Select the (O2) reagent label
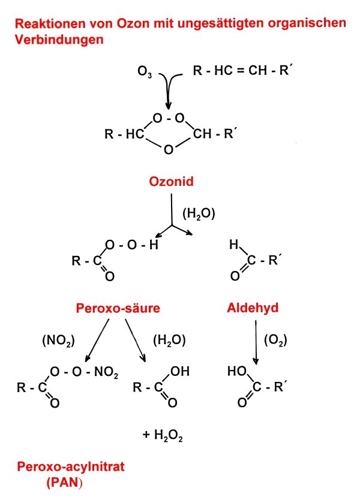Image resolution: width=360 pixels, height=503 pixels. (275, 341)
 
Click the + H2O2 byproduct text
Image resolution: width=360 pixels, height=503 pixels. (163, 436)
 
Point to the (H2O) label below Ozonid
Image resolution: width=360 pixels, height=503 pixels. (198, 212)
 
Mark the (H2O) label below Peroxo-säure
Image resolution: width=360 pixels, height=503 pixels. (169, 341)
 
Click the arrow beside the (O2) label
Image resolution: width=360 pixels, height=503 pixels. (256, 342)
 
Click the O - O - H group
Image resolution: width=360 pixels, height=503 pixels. (131, 245)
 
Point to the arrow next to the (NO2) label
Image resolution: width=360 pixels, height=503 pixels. (97, 341)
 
